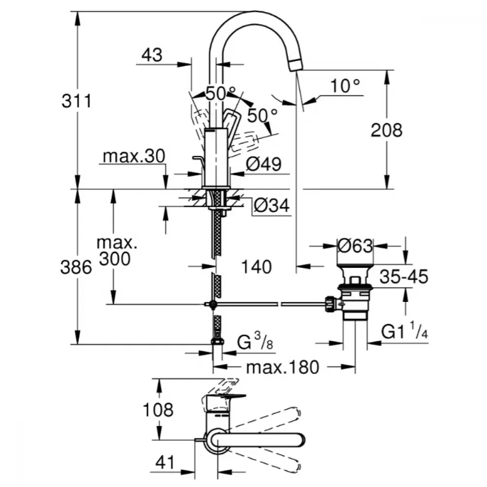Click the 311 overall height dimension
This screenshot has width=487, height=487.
(76, 102)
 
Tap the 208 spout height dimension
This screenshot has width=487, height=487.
(387, 130)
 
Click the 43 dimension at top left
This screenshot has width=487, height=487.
(151, 55)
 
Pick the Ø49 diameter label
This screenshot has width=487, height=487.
(263, 165)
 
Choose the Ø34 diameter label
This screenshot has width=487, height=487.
(271, 206)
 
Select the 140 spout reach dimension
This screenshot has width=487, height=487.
(255, 266)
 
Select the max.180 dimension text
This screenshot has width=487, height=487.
(282, 367)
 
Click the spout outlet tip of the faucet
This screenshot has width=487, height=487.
(296, 65)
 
